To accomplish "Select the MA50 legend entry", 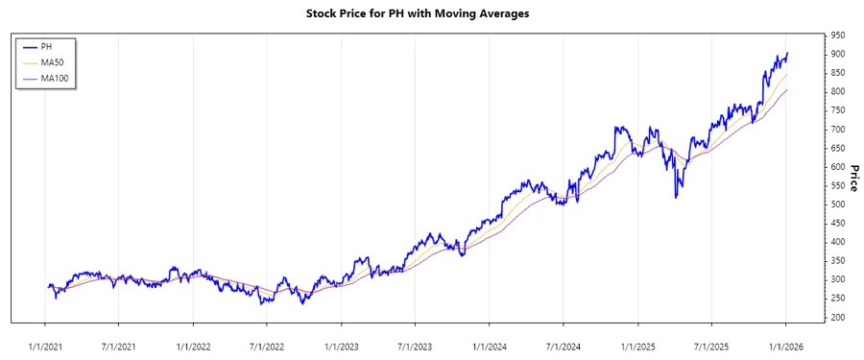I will (x=52, y=62).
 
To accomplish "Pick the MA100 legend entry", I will (x=55, y=78).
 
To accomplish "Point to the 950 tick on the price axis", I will (x=838, y=35).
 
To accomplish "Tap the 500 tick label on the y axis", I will (x=838, y=204).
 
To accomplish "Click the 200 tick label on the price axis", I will (x=838, y=318).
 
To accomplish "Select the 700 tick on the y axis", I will (x=838, y=129).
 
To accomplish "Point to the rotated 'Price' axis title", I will (x=853, y=177).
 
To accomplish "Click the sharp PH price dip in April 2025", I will (x=676, y=198).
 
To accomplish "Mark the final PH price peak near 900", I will (x=787, y=54).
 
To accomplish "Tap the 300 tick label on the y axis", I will (x=838, y=279).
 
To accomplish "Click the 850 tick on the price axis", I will (x=838, y=72).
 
